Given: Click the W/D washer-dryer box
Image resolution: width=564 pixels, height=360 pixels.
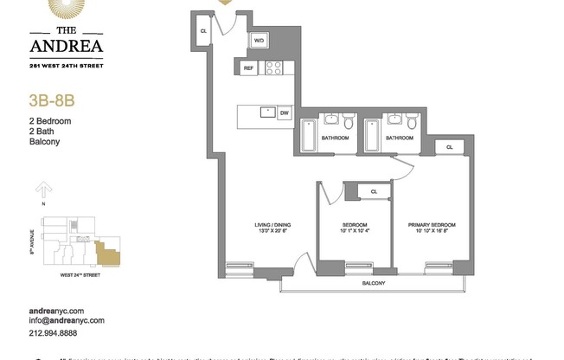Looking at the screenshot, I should click(260, 41).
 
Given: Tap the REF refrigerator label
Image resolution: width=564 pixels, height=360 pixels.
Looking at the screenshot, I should click(248, 68).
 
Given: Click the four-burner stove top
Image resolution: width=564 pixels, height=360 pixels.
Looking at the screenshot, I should click(273, 68).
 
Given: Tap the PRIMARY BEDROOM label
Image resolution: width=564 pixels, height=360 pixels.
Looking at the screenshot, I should click(432, 225).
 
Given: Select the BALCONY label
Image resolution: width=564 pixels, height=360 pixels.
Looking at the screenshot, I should click(373, 283).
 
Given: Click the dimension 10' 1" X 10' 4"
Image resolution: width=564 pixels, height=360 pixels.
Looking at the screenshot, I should click(356, 232).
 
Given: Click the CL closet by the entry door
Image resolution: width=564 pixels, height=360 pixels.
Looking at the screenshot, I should click(203, 31).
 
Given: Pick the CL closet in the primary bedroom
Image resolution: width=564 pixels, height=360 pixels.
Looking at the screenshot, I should click(449, 148).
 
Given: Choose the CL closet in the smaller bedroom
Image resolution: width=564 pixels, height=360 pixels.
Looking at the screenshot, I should click(374, 191).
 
